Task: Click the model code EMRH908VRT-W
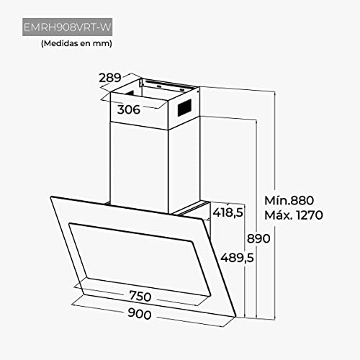coord(68,27)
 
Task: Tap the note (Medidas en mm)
coord(76,43)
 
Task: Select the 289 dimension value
coord(110,78)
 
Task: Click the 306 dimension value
coord(129,109)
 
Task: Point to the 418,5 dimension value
coord(228,212)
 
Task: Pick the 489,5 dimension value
coord(237,258)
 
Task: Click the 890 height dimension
coord(258,238)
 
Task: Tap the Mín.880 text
coord(289,200)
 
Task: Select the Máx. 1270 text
coord(294,215)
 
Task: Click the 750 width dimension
coord(140,296)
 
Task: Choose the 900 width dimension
coord(140,314)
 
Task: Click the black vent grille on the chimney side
coord(184,108)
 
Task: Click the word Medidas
coord(59,43)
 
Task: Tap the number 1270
coord(310,215)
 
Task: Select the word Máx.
coord(279,215)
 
